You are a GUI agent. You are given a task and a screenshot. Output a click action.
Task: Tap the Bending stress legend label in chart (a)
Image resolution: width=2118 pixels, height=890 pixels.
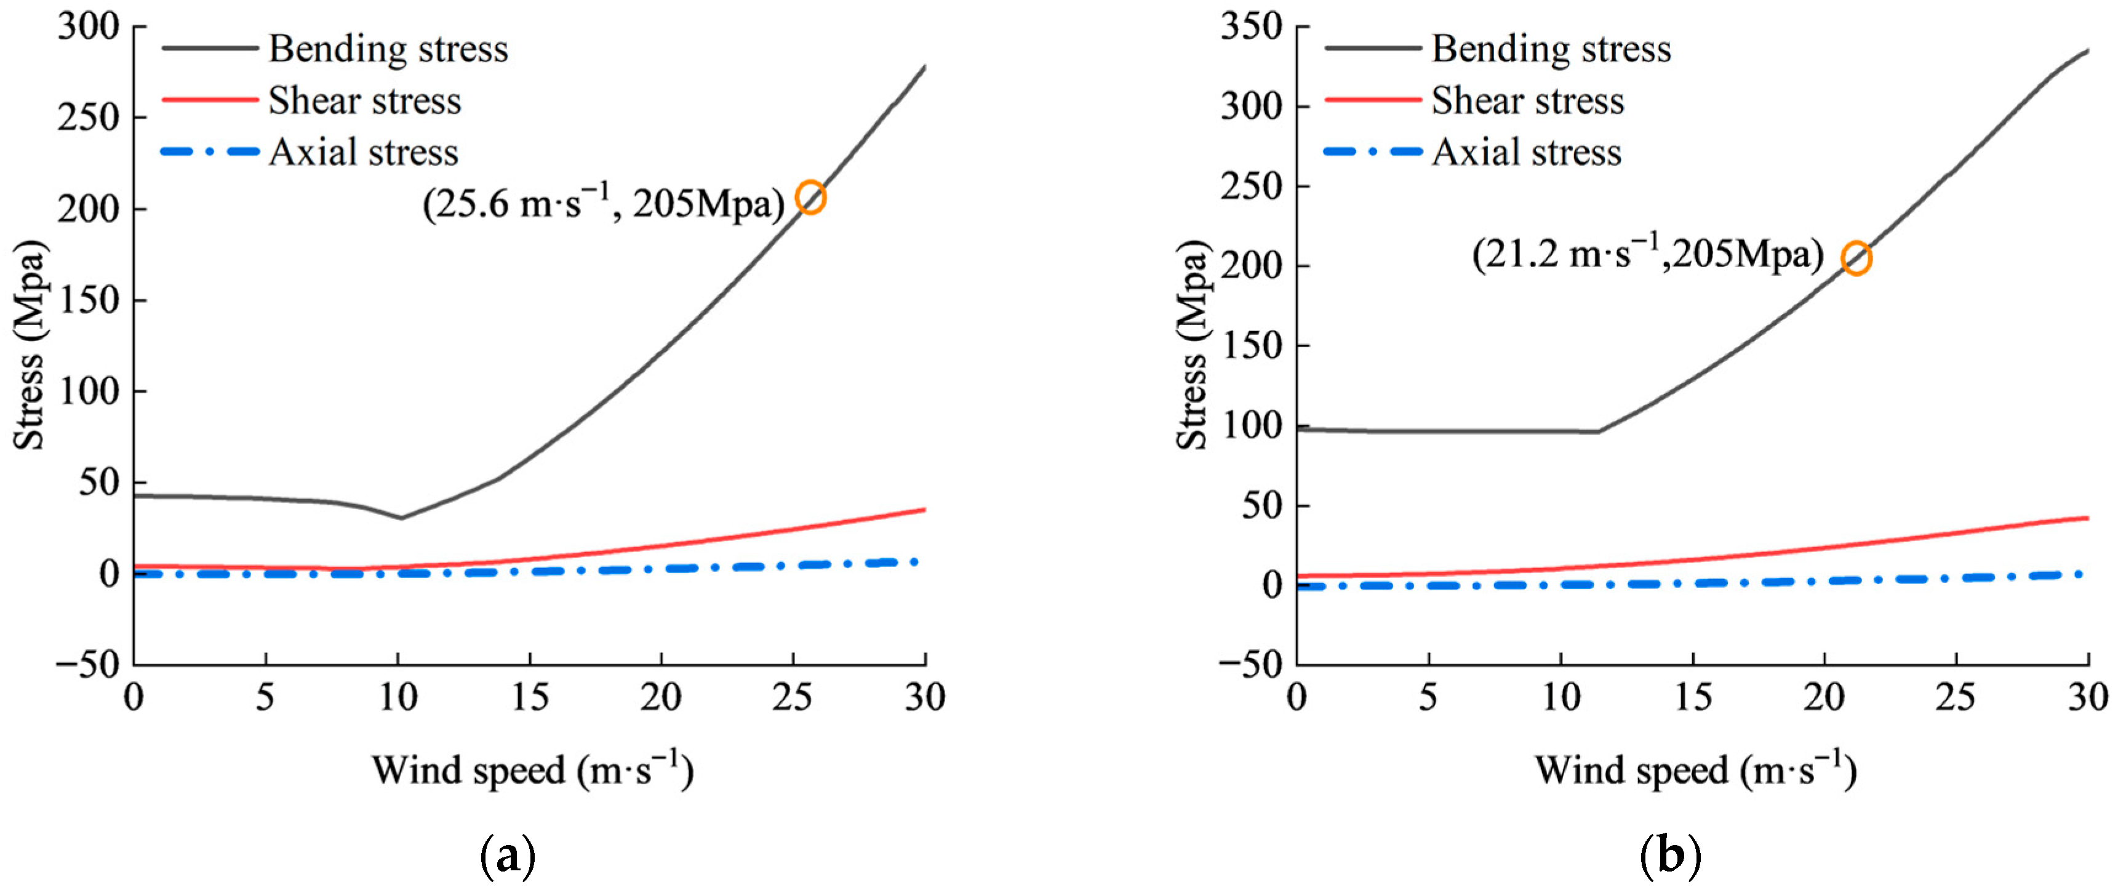388,49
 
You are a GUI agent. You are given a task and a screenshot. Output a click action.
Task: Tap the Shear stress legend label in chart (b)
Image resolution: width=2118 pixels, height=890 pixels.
1528,101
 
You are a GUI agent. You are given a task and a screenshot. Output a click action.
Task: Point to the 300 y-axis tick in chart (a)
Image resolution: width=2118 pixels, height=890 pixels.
89,26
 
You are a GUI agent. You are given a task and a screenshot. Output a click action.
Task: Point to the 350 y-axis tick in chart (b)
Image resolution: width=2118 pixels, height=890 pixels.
1252,26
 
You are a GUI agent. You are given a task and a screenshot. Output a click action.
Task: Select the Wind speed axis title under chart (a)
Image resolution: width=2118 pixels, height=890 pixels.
533,770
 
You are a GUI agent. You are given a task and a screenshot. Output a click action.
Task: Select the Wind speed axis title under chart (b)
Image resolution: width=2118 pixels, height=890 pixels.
1696,770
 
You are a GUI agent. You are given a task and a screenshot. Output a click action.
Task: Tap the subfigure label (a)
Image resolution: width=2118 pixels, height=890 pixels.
507,857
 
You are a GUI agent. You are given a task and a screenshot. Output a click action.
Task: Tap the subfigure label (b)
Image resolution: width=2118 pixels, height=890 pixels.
1671,857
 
